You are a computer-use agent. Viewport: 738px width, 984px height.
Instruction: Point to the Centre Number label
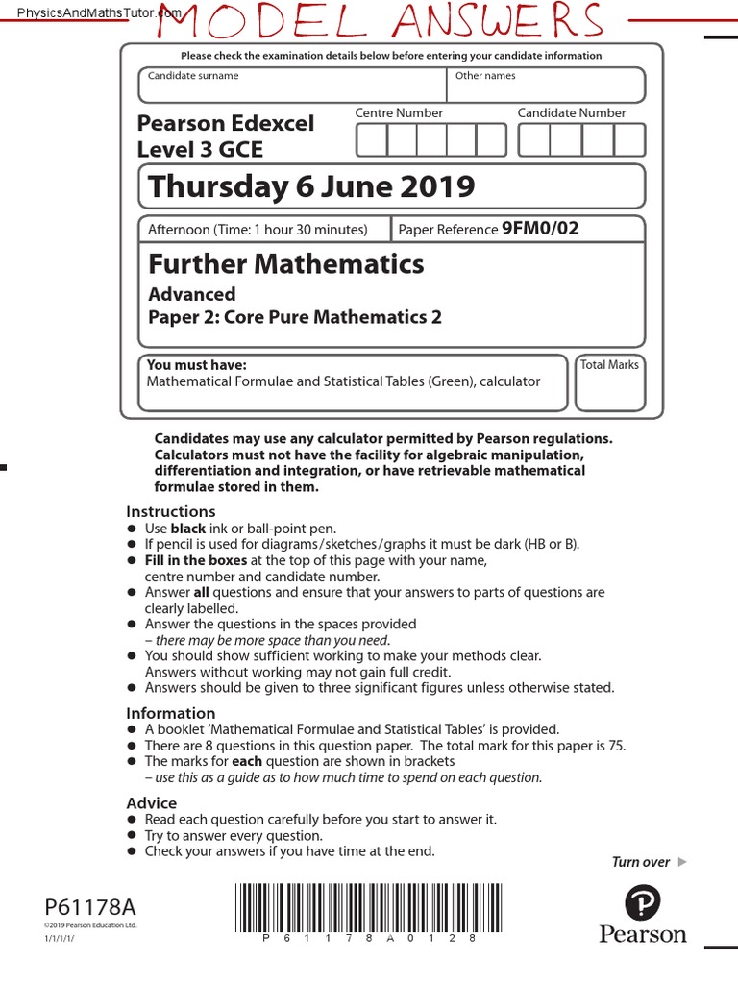[x=399, y=113]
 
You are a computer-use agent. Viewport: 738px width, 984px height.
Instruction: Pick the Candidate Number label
[x=571, y=113]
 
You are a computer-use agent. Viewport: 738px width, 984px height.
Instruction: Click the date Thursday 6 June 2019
[x=311, y=185]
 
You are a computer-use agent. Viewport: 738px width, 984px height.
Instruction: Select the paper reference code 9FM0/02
[x=540, y=229]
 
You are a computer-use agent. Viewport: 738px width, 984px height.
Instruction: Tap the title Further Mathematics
[x=285, y=263]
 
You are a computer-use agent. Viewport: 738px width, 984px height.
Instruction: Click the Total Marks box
[x=609, y=384]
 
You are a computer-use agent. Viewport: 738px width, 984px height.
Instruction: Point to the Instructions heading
[x=171, y=511]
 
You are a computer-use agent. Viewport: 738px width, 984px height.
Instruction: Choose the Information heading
[x=171, y=713]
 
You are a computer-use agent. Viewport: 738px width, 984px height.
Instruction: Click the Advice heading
[x=152, y=803]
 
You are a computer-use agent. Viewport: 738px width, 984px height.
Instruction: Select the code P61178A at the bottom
[x=90, y=906]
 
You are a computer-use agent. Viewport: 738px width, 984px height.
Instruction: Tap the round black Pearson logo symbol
[x=644, y=903]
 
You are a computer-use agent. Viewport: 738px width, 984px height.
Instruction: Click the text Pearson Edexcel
[x=226, y=124]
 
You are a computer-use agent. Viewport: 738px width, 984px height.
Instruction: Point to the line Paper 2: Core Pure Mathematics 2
[x=295, y=317]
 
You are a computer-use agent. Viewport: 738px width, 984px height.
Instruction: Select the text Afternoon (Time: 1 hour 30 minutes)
[x=258, y=230]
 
